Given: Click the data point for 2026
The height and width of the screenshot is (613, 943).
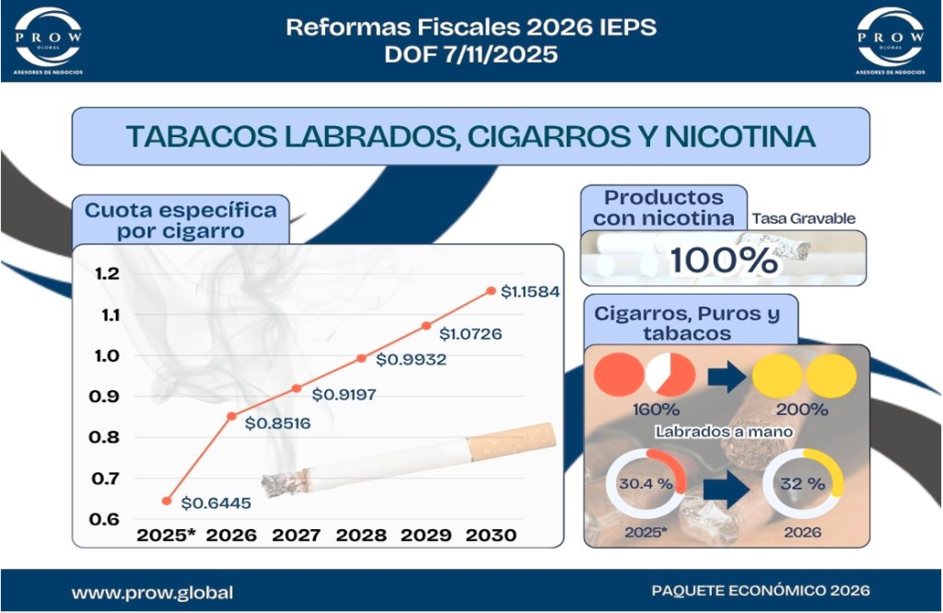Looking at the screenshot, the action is [x=231, y=416].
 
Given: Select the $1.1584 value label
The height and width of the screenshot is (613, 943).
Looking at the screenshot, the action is [x=530, y=292].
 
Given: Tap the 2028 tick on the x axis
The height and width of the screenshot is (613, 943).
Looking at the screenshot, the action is [x=361, y=535].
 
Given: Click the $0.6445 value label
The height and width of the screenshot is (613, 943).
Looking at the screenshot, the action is [x=215, y=503].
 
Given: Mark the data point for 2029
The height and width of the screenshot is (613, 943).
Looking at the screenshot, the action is [x=425, y=326].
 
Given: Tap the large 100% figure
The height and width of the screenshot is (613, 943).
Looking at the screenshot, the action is [x=724, y=260].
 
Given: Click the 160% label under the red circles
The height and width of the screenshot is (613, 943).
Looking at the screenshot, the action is [x=656, y=410].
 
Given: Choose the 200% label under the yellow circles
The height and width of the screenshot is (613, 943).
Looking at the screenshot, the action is [x=802, y=410].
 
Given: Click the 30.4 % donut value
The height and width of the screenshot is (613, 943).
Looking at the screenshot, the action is [x=646, y=484].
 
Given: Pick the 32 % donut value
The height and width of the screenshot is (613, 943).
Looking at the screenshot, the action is [x=802, y=484].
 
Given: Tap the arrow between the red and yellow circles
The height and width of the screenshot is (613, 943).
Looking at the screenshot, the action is [x=728, y=376].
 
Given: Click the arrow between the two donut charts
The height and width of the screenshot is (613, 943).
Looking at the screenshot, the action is [x=727, y=489].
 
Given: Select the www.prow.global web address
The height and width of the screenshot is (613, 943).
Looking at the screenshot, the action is [x=152, y=593].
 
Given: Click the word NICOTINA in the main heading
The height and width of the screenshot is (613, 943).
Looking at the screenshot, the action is [x=739, y=136].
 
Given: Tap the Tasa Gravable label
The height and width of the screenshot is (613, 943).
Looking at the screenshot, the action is [x=803, y=219].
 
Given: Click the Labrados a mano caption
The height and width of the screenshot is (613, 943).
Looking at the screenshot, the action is [x=724, y=432].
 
